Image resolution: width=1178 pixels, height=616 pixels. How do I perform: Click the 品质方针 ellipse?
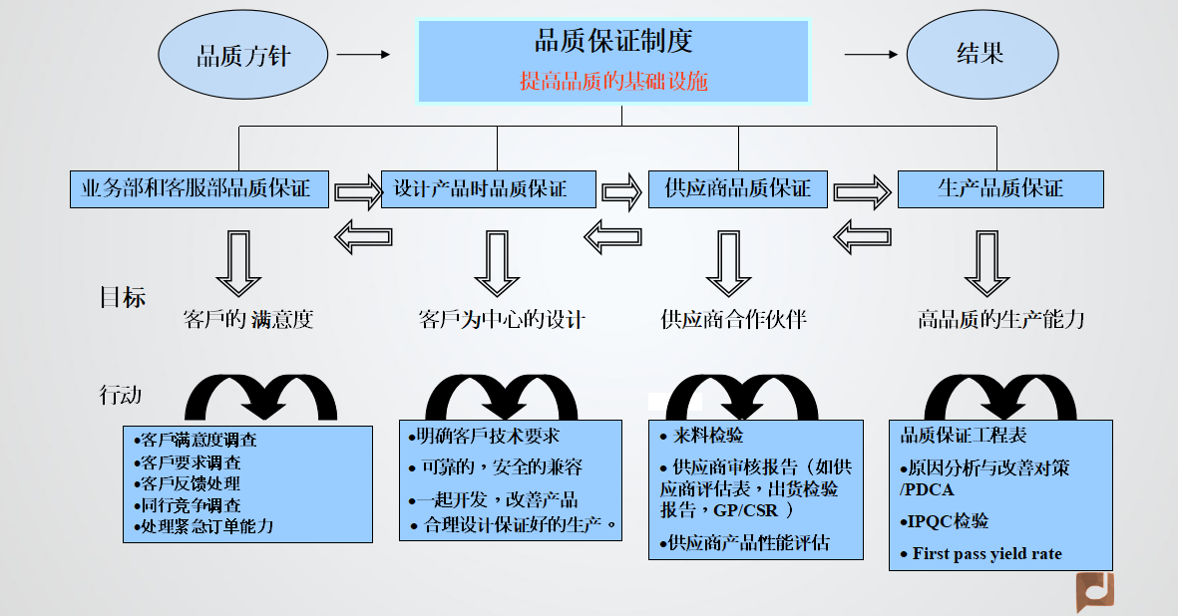(242, 56)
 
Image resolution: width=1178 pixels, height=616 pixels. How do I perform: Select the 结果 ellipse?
(981, 56)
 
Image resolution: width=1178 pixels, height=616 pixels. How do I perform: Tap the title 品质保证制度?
(613, 42)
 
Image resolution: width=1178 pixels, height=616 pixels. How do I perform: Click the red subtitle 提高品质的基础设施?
(613, 81)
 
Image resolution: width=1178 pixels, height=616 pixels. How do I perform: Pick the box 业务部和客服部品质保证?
(199, 188)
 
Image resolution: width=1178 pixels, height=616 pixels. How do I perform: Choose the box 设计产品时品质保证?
(489, 188)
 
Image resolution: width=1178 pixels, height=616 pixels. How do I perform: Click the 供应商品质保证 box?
(738, 188)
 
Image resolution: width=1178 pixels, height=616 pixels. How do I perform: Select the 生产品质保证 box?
(1000, 188)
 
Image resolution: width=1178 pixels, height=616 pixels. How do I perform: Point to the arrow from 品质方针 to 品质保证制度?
(363, 55)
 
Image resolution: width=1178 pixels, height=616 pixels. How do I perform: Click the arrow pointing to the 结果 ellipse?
(871, 55)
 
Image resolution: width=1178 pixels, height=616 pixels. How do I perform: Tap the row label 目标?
(123, 297)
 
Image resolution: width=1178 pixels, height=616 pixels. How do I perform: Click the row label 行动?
(121, 395)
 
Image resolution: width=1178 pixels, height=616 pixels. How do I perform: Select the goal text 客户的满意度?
(249, 320)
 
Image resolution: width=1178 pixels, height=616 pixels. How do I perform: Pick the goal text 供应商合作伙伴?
(734, 319)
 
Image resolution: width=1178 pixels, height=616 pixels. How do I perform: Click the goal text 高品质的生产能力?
(1000, 319)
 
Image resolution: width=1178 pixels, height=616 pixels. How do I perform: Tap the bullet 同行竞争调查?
(188, 505)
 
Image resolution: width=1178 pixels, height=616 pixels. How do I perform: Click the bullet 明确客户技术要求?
(485, 437)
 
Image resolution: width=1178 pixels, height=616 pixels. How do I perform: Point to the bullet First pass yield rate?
(986, 553)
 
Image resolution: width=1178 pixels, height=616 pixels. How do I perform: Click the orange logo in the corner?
(1094, 592)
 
